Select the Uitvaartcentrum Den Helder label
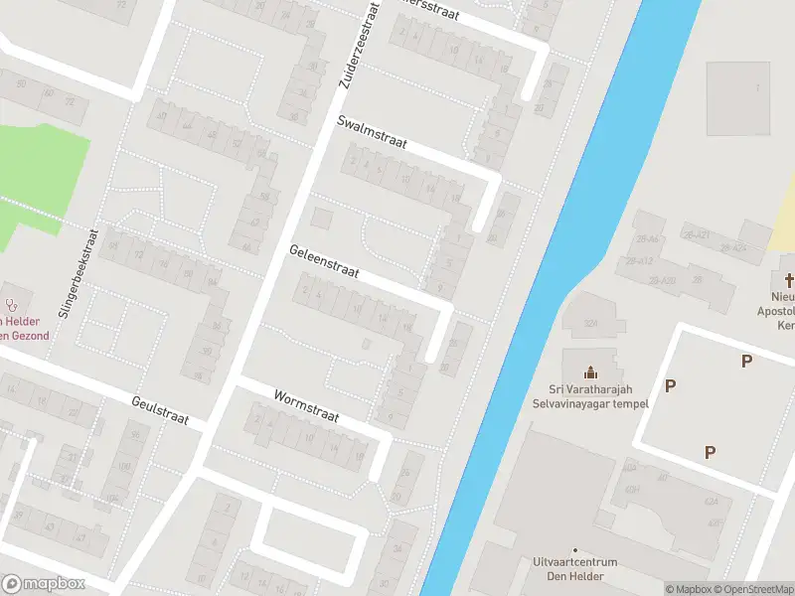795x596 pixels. coord(574,568)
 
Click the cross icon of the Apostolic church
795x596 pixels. coord(790,280)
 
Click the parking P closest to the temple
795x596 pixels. coord(671,385)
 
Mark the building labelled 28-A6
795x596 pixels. coord(649,239)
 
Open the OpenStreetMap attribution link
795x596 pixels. coord(757,589)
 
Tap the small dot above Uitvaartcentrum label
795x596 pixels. coord(574,549)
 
